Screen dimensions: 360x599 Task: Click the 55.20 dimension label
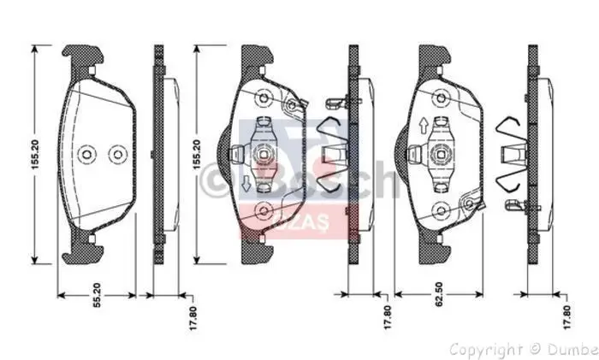tap(98, 296)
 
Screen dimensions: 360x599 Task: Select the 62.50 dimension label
tap(437, 296)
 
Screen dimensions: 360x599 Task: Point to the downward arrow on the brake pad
tap(246, 182)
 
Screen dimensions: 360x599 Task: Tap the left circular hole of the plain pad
tap(86, 154)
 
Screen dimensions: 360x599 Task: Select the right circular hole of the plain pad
tap(116, 154)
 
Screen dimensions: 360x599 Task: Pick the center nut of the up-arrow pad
tap(442, 154)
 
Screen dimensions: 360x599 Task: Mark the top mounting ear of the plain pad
tap(83, 57)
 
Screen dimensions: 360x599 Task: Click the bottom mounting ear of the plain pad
tap(83, 251)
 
